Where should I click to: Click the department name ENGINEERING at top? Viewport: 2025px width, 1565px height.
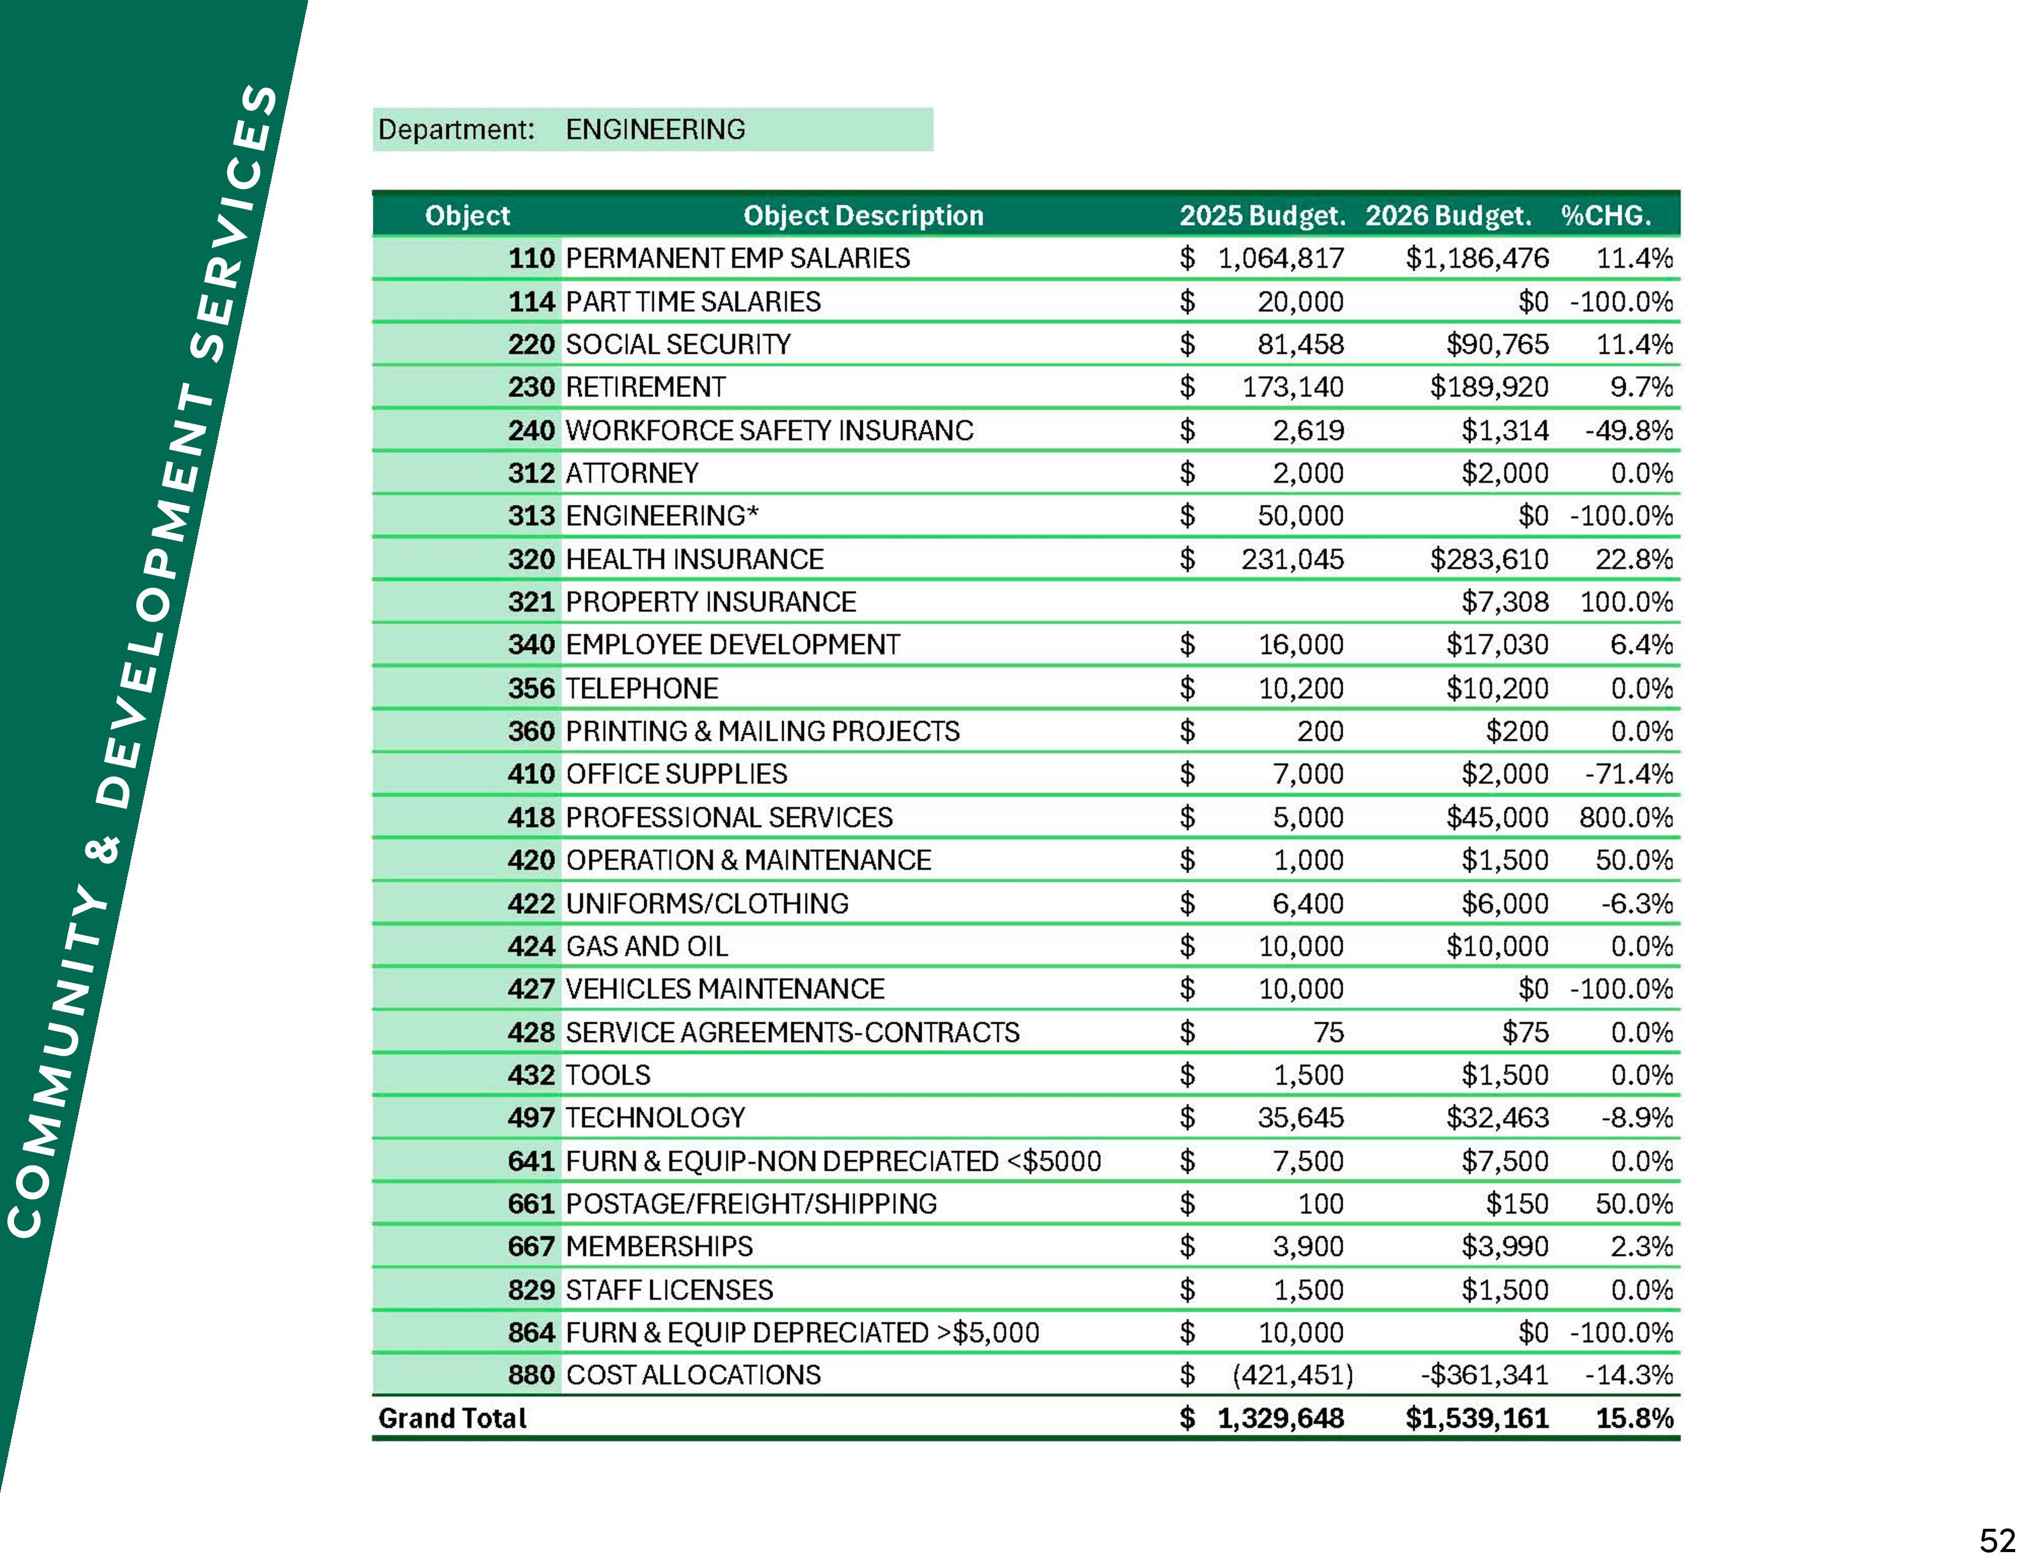click(655, 129)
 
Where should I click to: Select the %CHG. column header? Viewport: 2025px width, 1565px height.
click(1605, 216)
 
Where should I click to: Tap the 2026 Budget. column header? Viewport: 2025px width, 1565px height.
click(1448, 216)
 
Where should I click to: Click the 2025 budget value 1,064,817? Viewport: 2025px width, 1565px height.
click(1281, 258)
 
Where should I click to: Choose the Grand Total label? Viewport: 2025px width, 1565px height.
click(452, 1418)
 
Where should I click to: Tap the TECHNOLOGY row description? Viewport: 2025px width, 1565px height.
click(655, 1118)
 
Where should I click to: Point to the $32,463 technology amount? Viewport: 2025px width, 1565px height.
click(1497, 1118)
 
